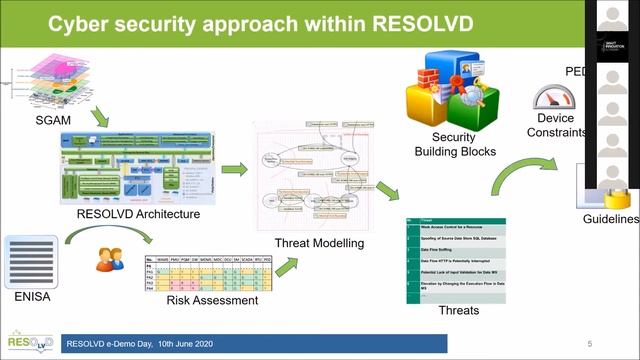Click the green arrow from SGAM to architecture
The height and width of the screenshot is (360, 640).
pyautogui.click(x=100, y=118)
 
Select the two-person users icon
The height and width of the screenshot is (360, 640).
pyautogui.click(x=110, y=259)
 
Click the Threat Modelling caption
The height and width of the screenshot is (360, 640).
pyautogui.click(x=319, y=242)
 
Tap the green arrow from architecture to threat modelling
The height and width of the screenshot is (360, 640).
pyautogui.click(x=234, y=169)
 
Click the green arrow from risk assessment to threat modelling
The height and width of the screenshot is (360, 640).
pyautogui.click(x=287, y=266)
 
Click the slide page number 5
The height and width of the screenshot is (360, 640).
pyautogui.click(x=590, y=343)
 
